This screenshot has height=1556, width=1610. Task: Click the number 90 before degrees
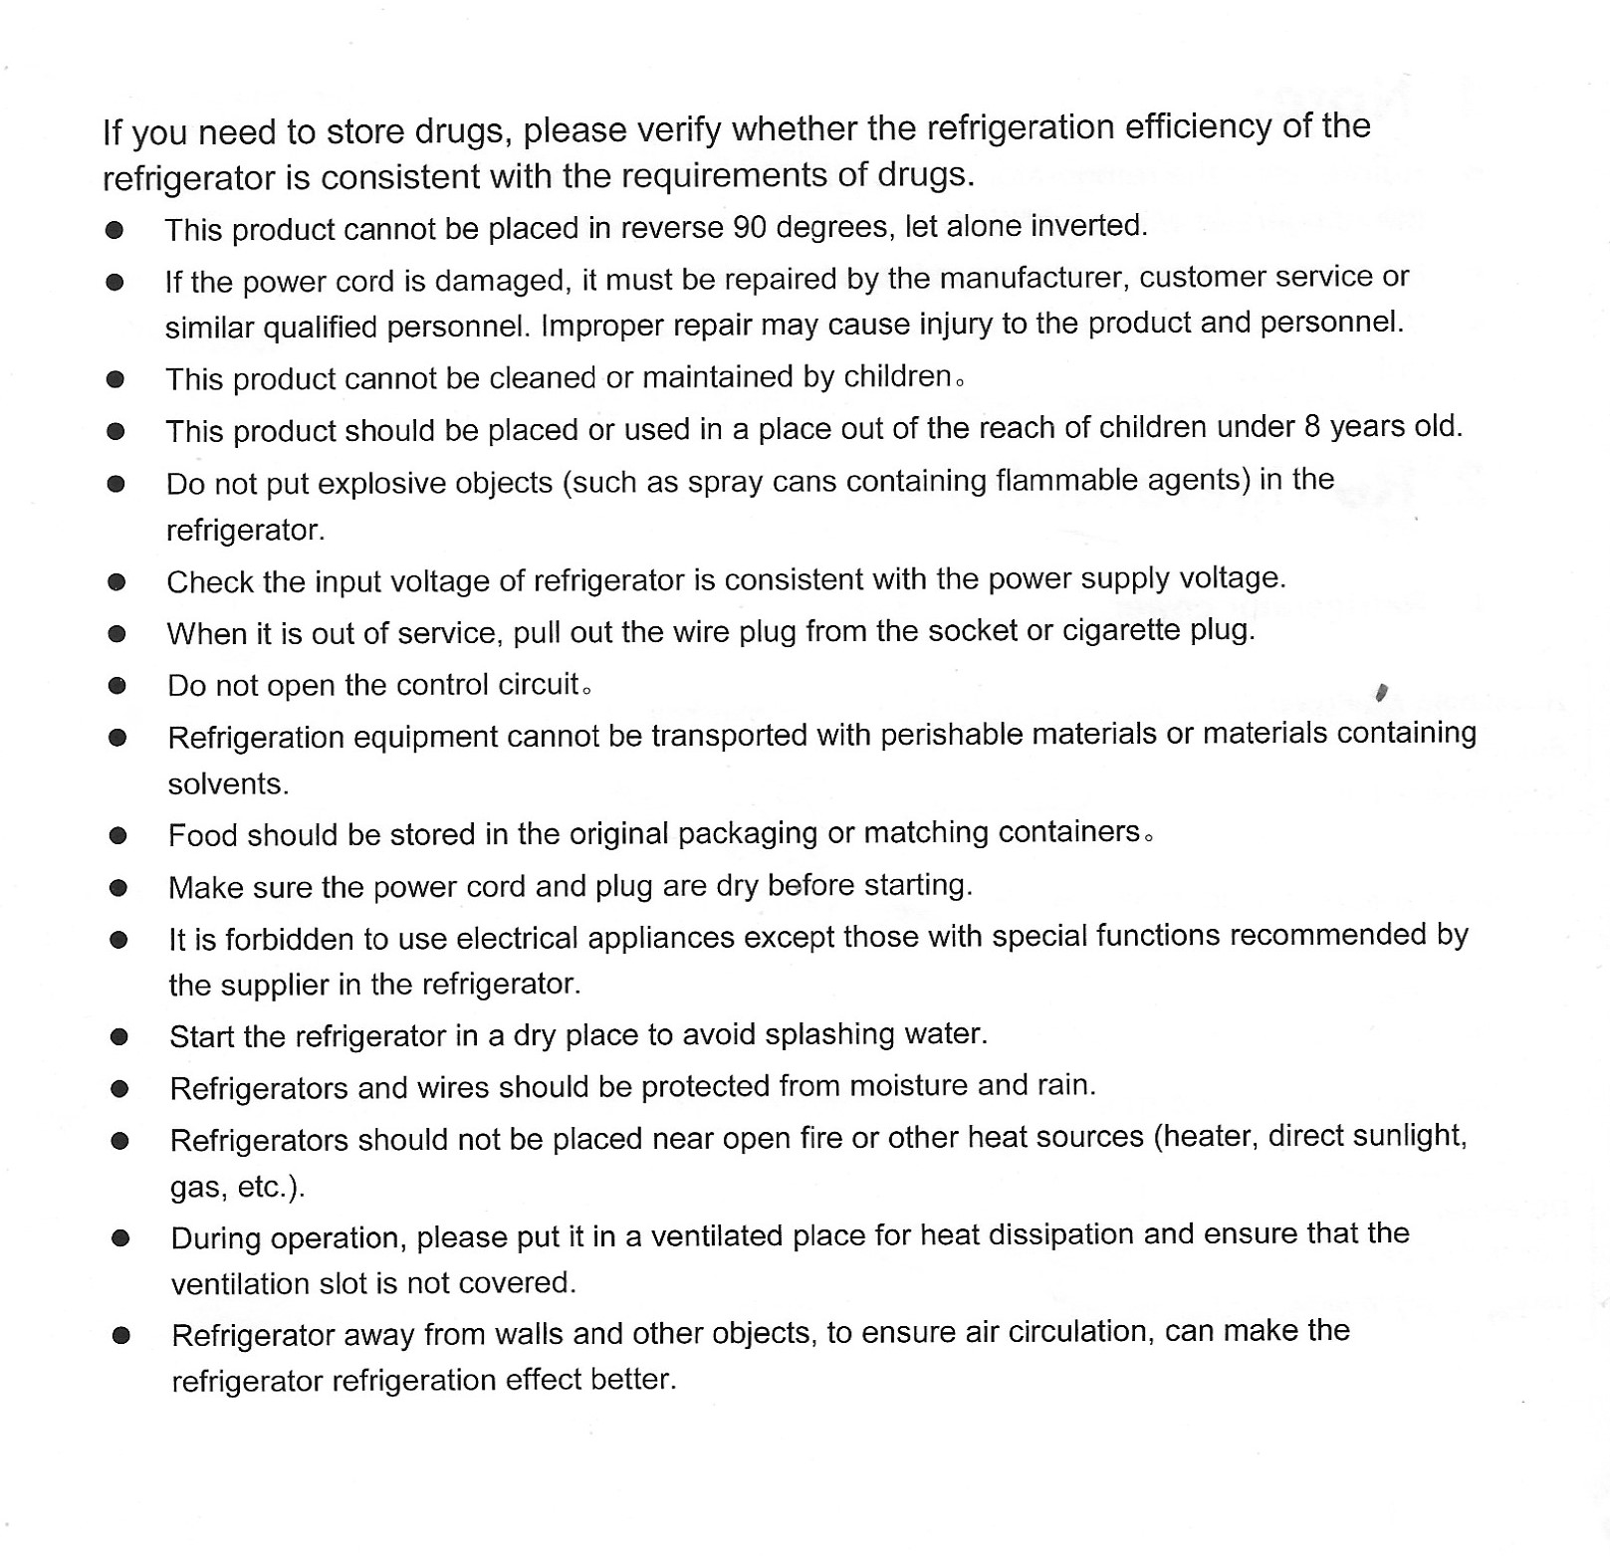coord(750,228)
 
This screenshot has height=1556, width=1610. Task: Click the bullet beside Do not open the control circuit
coord(117,685)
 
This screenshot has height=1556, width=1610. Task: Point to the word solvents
coord(228,784)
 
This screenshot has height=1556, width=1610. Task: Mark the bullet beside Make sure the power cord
coord(118,887)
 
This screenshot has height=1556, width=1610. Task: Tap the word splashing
coord(830,1034)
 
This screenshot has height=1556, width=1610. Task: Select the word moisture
coord(900,1085)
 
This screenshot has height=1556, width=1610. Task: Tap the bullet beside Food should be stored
coord(118,835)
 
